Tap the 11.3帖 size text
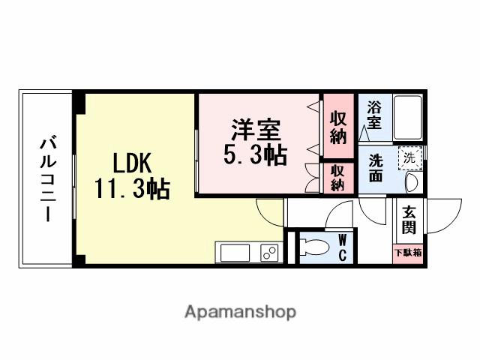pyautogui.click(x=132, y=187)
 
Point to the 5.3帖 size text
pyautogui.click(x=254, y=155)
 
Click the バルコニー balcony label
pyautogui.click(x=46, y=178)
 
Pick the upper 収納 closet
pyautogui.click(x=338, y=127)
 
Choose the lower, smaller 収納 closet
pyautogui.click(x=338, y=178)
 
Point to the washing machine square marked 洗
pyautogui.click(x=409, y=157)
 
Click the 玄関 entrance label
pyautogui.click(x=409, y=217)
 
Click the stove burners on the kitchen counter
pyautogui.click(x=268, y=253)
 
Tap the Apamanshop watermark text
pyautogui.click(x=239, y=311)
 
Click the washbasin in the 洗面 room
pyautogui.click(x=411, y=183)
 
